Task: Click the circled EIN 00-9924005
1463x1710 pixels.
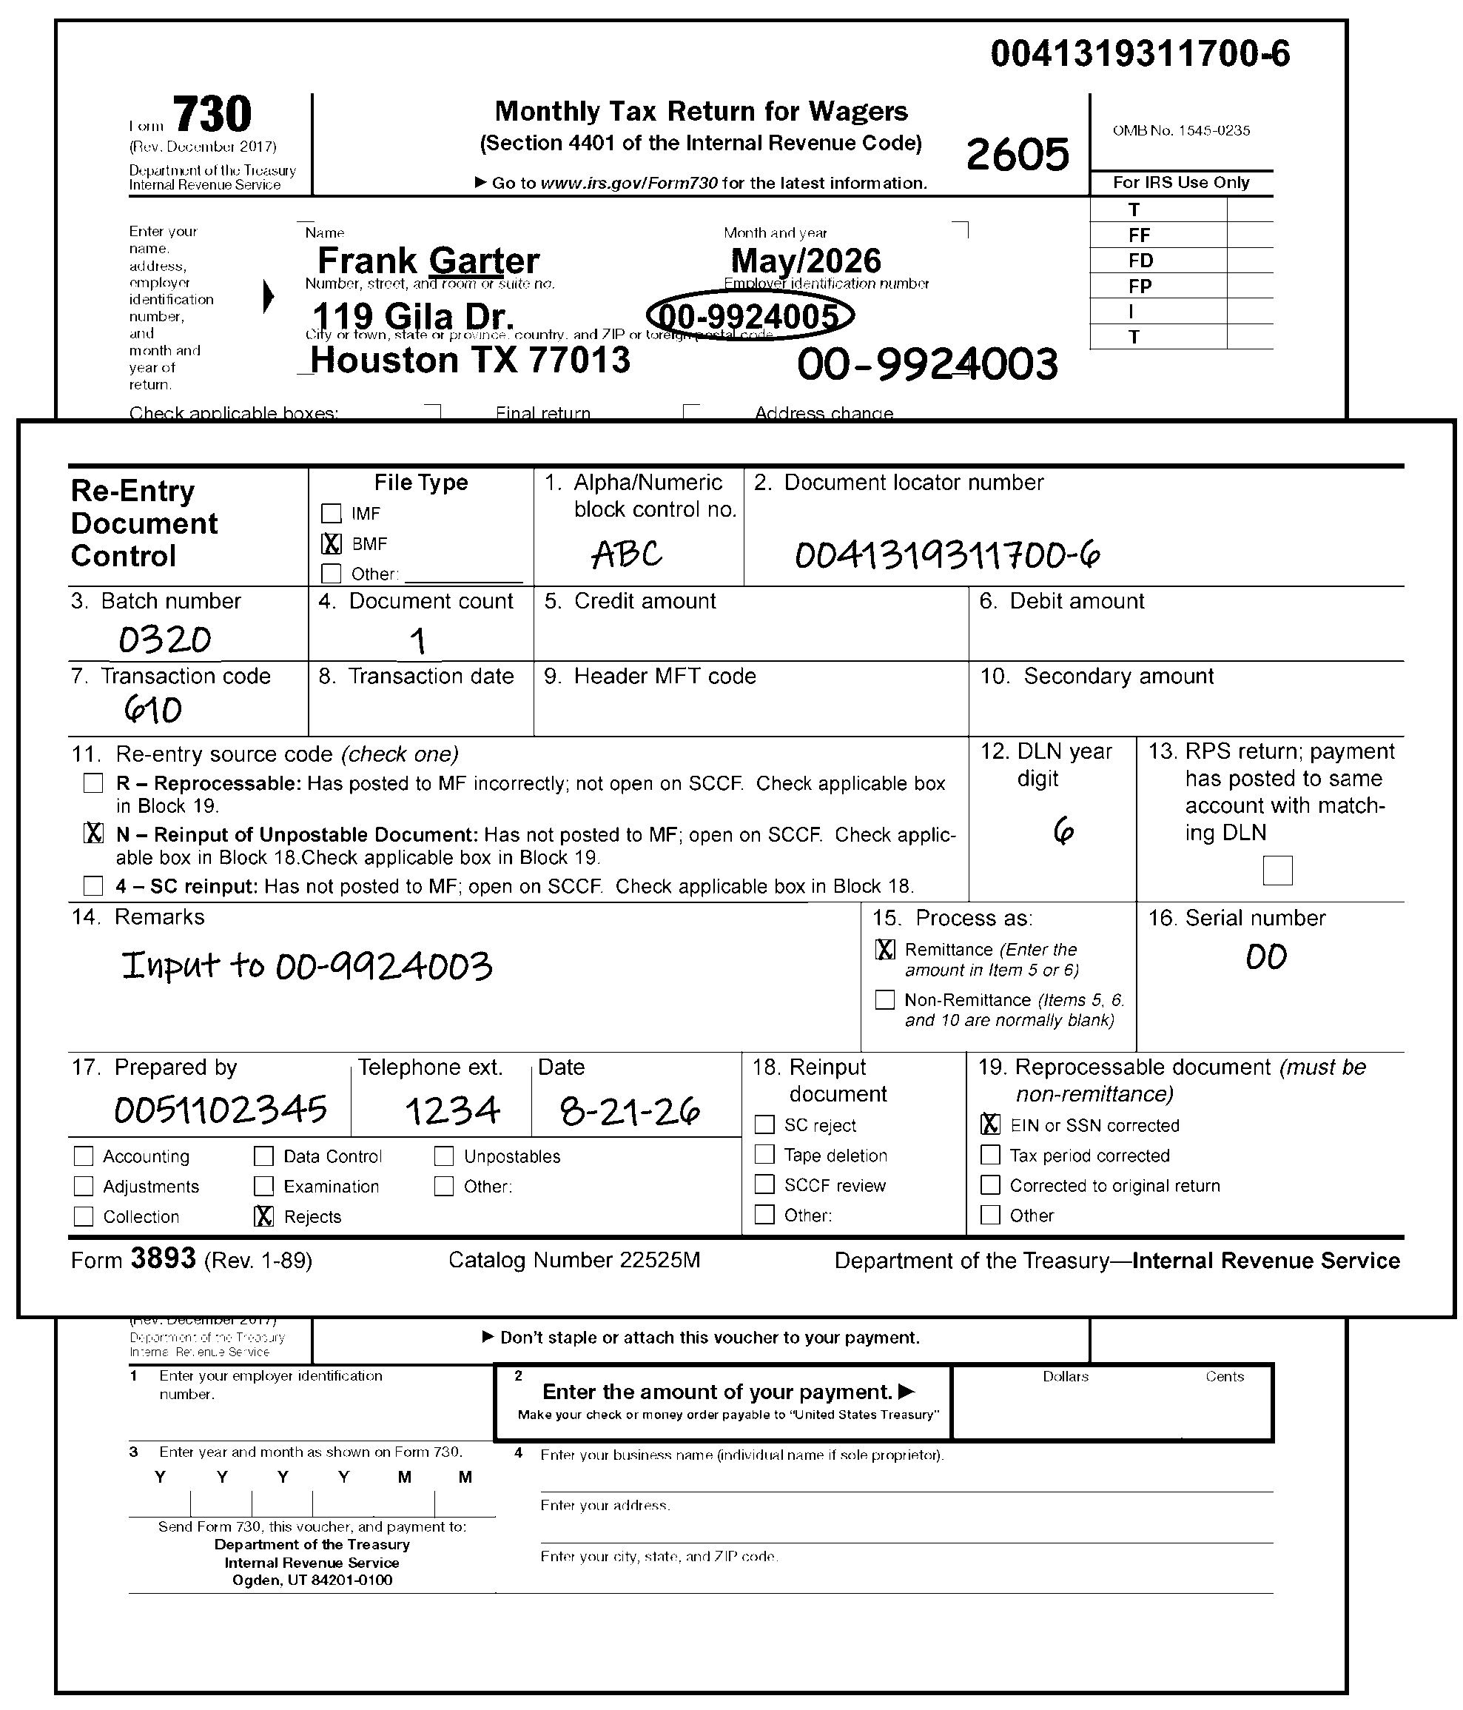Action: pos(750,316)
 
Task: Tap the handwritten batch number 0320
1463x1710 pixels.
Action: pos(165,640)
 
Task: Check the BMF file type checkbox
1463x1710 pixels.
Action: pos(331,544)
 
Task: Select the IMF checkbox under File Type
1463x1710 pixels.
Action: pos(331,513)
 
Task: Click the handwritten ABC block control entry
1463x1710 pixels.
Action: pos(627,554)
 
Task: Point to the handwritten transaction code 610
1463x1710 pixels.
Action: pos(153,709)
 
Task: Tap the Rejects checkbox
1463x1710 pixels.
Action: pos(264,1216)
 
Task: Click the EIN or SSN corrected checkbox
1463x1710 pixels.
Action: pos(990,1125)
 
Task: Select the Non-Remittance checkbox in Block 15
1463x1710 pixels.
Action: pos(884,999)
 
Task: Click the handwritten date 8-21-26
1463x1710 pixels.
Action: pos(630,1111)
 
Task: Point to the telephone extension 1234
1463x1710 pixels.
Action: pos(452,1111)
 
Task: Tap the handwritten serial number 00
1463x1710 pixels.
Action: pos(1266,957)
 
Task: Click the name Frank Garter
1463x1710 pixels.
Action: pos(428,261)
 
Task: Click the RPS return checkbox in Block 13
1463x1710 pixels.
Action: pos(1277,870)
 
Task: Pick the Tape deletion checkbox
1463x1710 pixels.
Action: pos(765,1155)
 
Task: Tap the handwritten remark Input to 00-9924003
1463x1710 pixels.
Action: pos(307,965)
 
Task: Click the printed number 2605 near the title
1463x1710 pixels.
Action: pos(1018,154)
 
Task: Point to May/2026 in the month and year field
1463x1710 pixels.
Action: pos(806,261)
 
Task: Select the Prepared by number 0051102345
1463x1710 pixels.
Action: pos(221,1110)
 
